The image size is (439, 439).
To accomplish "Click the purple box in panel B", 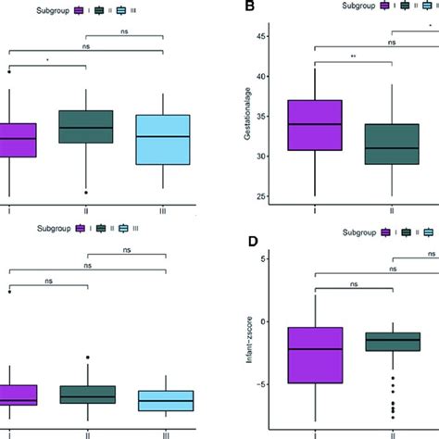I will coord(316,125).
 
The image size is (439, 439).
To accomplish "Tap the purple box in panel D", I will coord(316,355).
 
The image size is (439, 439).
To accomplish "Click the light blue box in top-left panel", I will coord(163,140).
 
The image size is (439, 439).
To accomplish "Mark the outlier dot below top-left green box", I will coord(85,192).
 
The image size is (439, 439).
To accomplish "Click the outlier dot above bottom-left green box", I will coord(85,357).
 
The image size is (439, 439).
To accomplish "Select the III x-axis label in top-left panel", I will coord(163,210).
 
